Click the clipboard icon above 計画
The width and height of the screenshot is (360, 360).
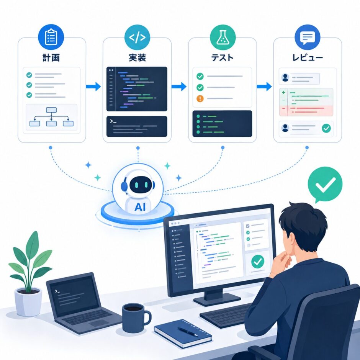(x=51, y=37)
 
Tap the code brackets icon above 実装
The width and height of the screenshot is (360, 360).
(x=137, y=37)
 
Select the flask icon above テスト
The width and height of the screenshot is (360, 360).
(x=223, y=37)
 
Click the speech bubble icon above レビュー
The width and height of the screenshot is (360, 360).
(x=308, y=37)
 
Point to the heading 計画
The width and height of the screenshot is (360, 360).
(x=51, y=57)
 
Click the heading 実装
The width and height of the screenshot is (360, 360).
(x=137, y=57)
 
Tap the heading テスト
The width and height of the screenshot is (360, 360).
(x=222, y=57)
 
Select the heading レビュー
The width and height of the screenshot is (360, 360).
(x=308, y=57)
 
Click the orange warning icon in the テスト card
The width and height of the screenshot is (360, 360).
(x=200, y=99)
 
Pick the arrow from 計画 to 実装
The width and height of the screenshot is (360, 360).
(x=93, y=87)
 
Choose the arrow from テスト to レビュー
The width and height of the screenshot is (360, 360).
(x=264, y=87)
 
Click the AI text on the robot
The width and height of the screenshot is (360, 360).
(x=140, y=207)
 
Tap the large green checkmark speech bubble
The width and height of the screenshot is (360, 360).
(x=325, y=184)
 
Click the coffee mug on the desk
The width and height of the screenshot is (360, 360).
(x=136, y=318)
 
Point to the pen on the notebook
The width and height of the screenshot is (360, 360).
(x=188, y=332)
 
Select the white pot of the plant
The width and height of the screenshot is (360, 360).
(x=28, y=302)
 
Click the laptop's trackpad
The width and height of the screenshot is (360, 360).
(x=99, y=323)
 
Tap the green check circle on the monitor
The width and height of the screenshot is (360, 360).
(x=258, y=262)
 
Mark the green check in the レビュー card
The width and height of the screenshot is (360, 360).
(x=326, y=128)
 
